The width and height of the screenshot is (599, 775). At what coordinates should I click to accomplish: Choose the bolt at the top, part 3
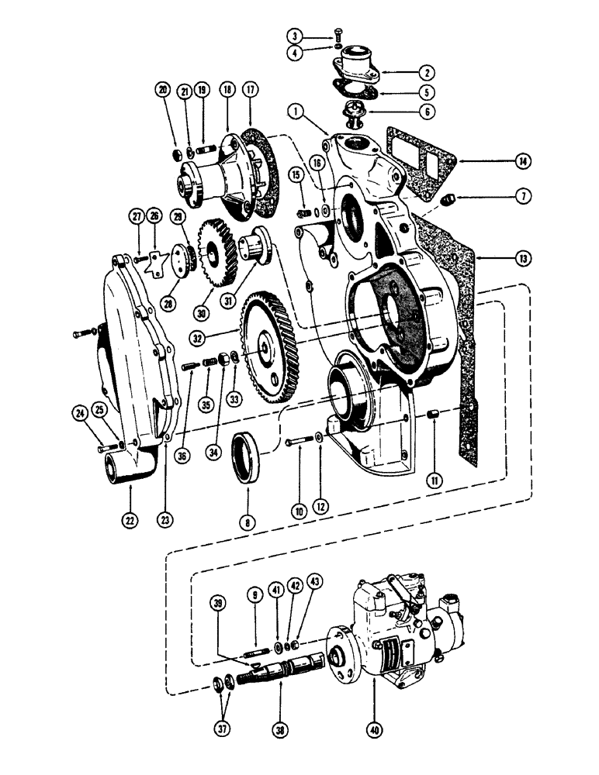click(x=339, y=33)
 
